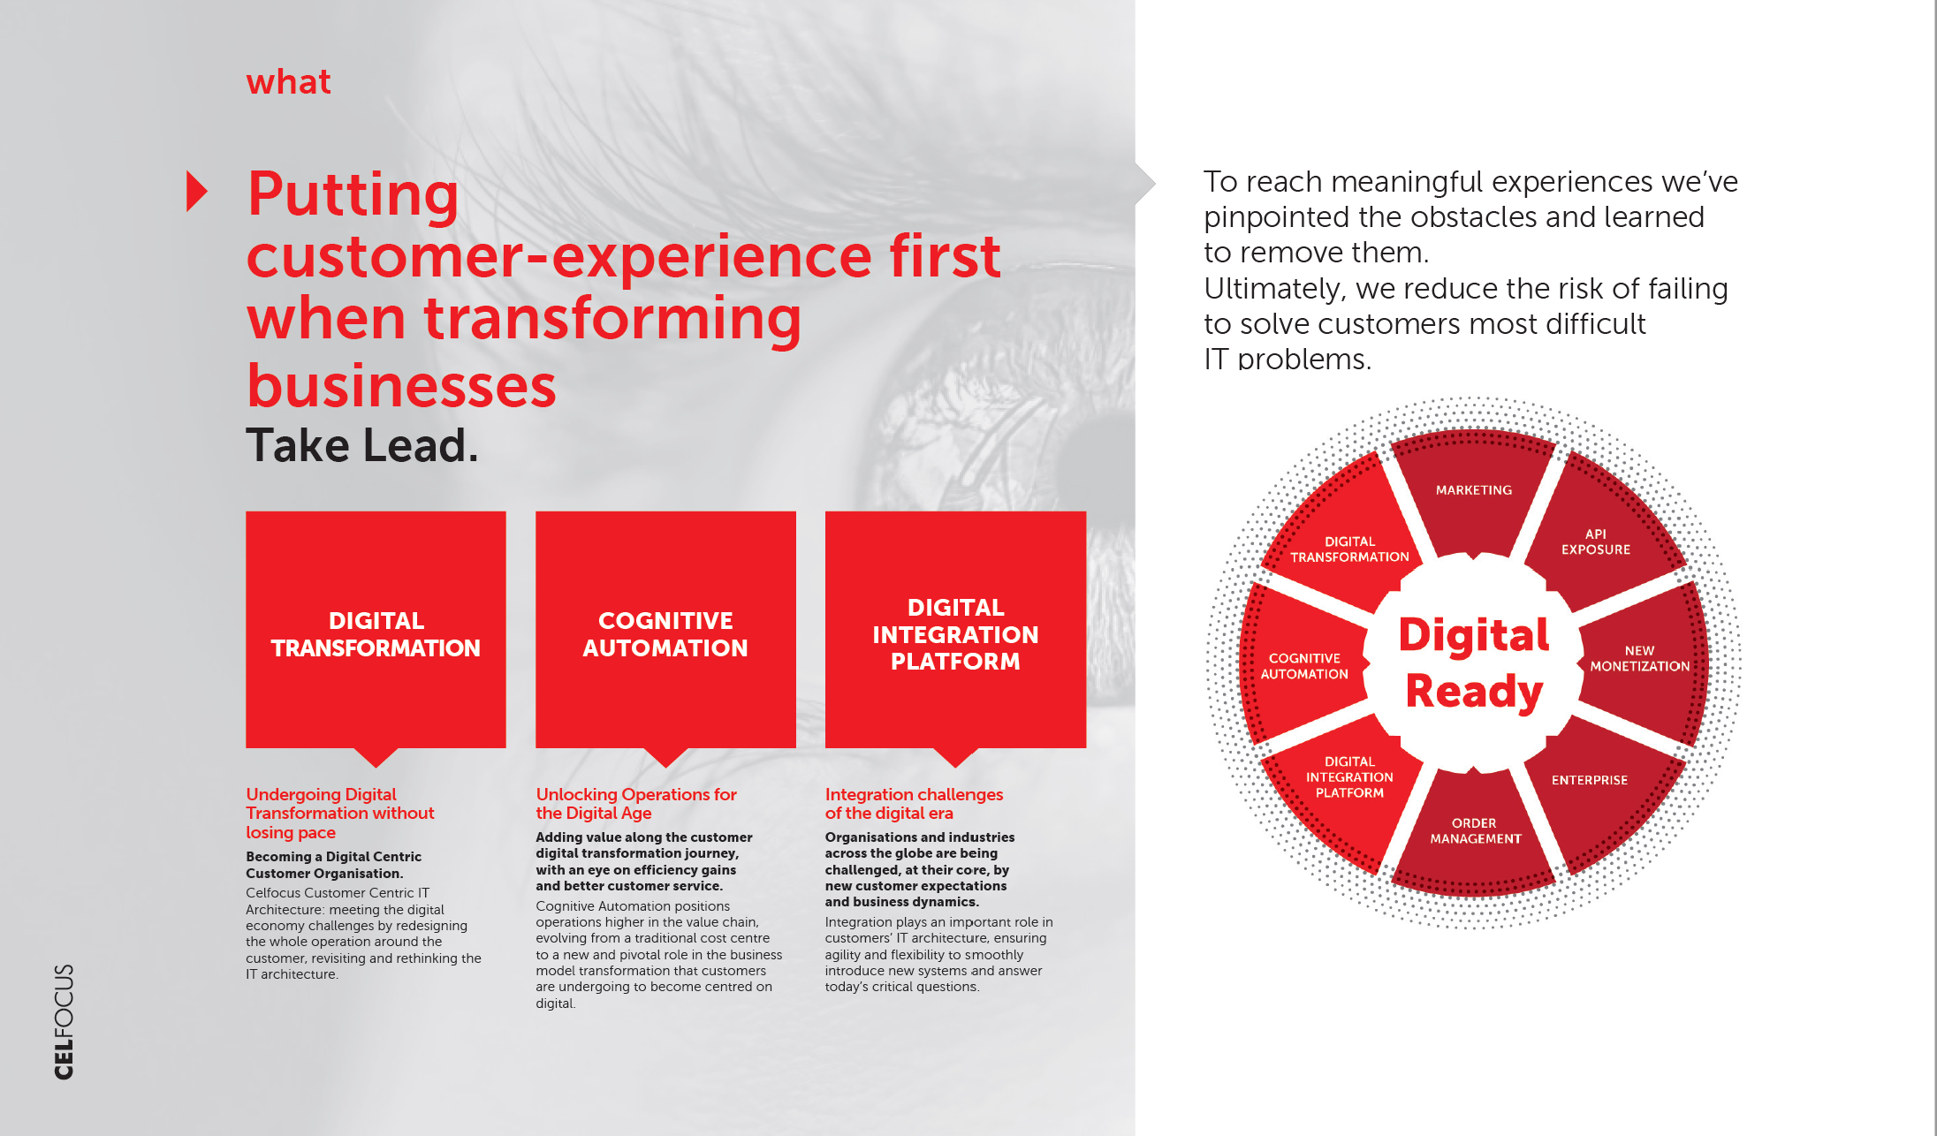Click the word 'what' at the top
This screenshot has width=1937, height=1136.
point(288,82)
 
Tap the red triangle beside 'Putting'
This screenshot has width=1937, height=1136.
point(196,191)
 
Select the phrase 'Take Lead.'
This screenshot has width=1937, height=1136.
point(361,445)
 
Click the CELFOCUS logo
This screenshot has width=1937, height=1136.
point(64,1021)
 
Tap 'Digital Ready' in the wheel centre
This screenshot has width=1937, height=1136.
point(1474,663)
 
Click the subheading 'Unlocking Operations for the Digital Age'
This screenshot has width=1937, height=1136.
point(636,804)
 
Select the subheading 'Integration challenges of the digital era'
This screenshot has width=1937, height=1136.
point(914,804)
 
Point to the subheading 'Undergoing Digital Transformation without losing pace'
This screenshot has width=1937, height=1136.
point(340,814)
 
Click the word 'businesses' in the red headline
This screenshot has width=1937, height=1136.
point(401,386)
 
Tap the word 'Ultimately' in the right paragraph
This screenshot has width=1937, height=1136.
point(1274,289)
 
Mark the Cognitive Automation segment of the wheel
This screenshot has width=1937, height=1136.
point(1305,664)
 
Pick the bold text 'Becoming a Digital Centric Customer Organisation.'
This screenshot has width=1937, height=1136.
point(334,865)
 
